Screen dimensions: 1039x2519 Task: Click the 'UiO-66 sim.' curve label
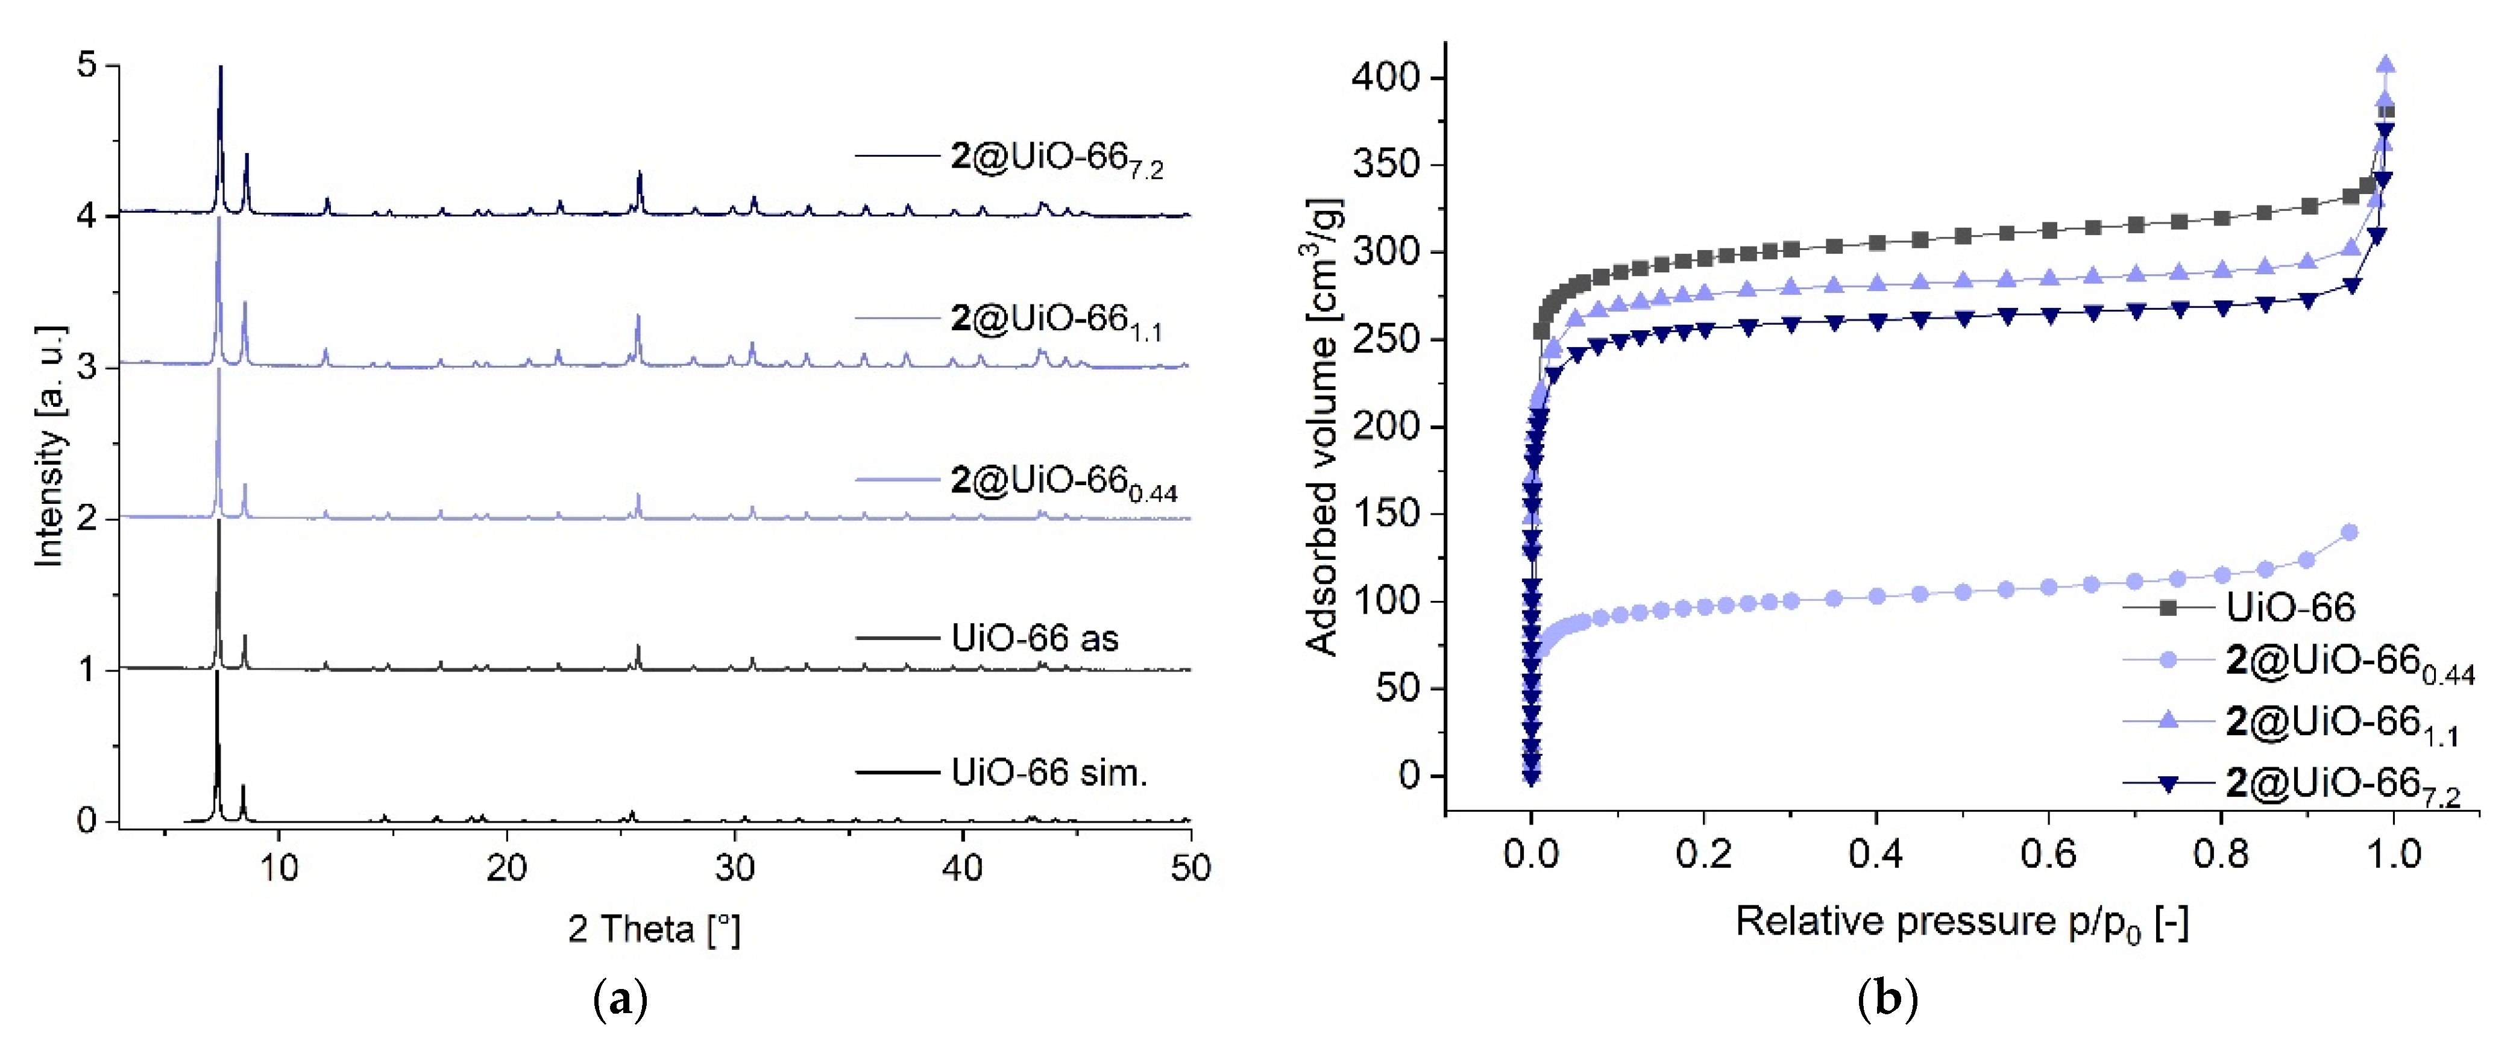[x=1048, y=773]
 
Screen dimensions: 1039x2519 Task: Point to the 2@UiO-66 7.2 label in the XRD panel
[x=1056, y=159]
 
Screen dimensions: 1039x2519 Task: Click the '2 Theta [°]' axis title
[x=653, y=929]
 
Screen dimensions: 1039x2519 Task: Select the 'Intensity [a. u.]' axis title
[x=49, y=445]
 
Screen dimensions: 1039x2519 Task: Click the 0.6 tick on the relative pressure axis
[x=2048, y=854]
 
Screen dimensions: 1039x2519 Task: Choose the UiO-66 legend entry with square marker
[x=2290, y=608]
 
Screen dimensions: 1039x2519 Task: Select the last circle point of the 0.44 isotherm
[x=2350, y=532]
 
